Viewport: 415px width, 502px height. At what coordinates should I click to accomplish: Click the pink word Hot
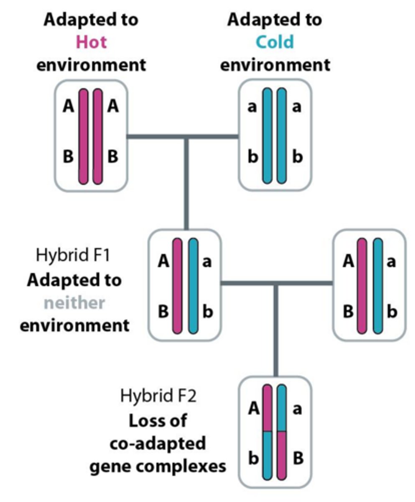tap(91, 42)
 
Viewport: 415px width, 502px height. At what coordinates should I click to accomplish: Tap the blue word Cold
tap(275, 42)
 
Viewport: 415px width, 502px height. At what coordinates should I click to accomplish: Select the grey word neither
tap(74, 302)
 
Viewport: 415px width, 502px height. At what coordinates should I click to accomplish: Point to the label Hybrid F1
tap(73, 255)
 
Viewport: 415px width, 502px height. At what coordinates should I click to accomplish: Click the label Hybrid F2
tap(158, 395)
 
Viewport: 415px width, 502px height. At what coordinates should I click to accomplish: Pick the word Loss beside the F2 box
tap(158, 420)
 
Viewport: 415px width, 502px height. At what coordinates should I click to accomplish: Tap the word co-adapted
tap(158, 443)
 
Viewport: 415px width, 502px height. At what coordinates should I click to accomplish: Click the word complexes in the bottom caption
tap(192, 466)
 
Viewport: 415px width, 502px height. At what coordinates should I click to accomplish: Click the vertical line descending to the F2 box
tap(275, 330)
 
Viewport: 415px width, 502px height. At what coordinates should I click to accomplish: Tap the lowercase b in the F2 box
tap(253, 458)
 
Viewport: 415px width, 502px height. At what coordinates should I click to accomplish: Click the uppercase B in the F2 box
tap(298, 458)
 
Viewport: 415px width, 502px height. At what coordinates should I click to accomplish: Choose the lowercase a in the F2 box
tap(297, 409)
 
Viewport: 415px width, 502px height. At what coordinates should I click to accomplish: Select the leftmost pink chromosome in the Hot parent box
tap(84, 136)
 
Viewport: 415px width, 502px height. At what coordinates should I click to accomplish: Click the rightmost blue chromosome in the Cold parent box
tap(282, 136)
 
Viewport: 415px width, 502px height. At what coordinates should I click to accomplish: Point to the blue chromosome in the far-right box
tap(378, 286)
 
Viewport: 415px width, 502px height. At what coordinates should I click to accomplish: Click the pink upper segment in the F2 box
tap(267, 408)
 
